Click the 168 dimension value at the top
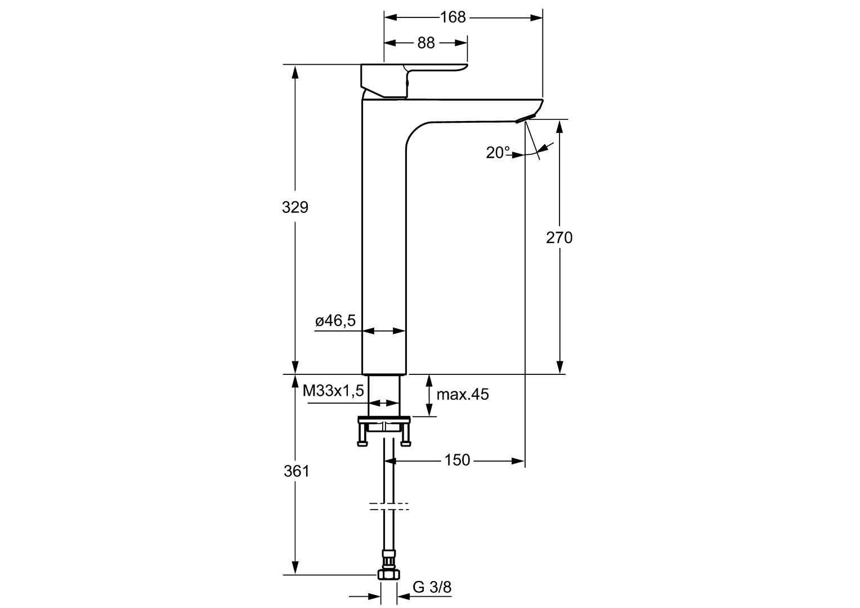[453, 17]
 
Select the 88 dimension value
[426, 43]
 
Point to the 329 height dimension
[295, 207]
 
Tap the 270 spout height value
[559, 238]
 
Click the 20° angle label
[498, 153]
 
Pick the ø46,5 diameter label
[335, 321]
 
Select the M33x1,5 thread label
[333, 391]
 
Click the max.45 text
[463, 395]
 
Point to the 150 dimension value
[456, 461]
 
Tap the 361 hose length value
[296, 471]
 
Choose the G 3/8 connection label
[432, 587]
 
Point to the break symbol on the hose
[389, 506]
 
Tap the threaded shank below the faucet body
[384, 394]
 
